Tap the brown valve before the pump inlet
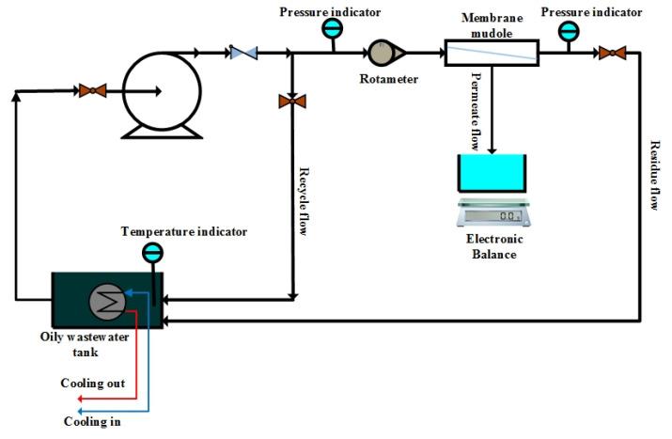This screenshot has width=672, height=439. [x=92, y=90]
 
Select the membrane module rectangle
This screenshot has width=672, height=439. [x=490, y=53]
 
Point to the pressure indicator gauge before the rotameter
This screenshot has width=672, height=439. [x=332, y=29]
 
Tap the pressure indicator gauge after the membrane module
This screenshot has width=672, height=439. [x=568, y=31]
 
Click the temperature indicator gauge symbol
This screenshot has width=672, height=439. [x=151, y=252]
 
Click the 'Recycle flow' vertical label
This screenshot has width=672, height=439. [x=305, y=201]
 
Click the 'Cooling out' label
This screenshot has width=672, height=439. [x=92, y=384]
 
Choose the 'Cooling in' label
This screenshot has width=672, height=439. [x=90, y=422]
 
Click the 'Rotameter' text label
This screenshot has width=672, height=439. [x=388, y=79]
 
